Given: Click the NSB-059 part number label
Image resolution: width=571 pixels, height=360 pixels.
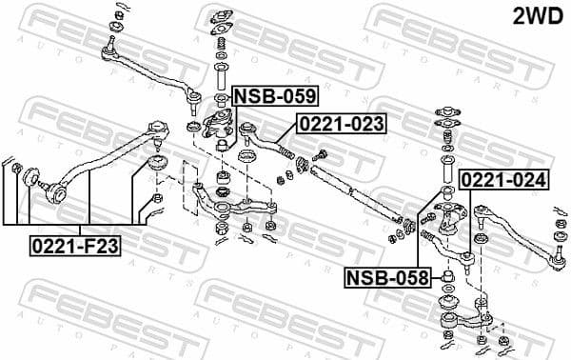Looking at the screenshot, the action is click(x=274, y=96).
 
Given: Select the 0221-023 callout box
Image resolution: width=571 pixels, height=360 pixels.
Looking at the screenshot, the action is click(x=342, y=124).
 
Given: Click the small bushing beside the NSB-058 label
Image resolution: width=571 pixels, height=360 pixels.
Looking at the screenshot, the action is click(x=443, y=277).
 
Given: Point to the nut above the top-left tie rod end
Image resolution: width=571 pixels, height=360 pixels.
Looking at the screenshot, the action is click(x=118, y=12).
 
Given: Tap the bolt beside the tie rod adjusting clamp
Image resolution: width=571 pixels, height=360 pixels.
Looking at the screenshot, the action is click(x=321, y=156).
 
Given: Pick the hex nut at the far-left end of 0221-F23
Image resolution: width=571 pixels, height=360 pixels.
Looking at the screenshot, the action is click(x=17, y=170).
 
